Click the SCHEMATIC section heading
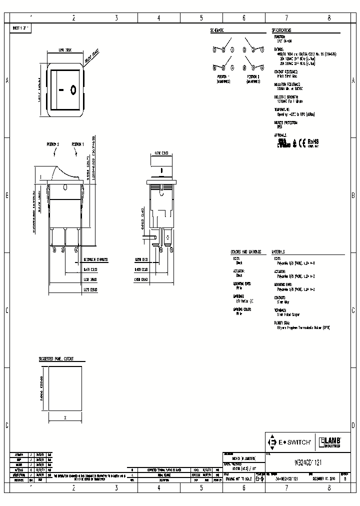(x=217, y=30)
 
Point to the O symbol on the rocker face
(x=73, y=90)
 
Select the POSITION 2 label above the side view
(x=53, y=144)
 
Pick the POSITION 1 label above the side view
(x=78, y=144)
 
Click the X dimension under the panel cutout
(x=65, y=416)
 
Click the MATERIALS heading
(x=278, y=252)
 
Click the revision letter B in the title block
(x=344, y=478)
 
